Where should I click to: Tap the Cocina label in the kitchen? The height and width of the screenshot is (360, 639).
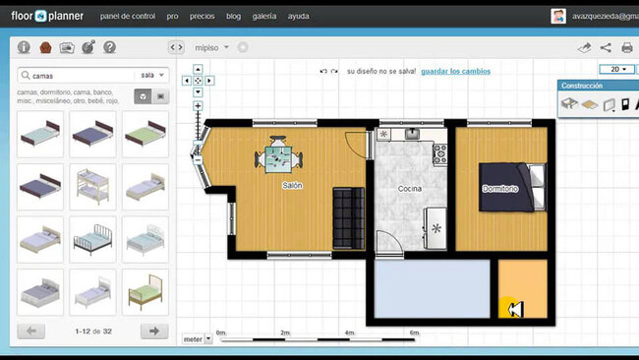click(x=410, y=188)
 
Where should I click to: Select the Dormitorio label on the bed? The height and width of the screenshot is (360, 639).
click(x=500, y=187)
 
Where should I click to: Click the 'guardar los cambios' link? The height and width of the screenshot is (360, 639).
click(x=455, y=71)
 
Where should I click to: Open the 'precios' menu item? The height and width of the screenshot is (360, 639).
click(x=203, y=17)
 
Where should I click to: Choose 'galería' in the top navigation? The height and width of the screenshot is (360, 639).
click(x=264, y=17)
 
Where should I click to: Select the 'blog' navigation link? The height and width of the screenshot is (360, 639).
click(x=233, y=17)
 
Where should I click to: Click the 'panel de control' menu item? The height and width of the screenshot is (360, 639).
click(x=127, y=17)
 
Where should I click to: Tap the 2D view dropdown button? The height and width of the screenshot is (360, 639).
click(x=618, y=70)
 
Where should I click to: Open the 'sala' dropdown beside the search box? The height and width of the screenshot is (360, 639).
click(x=153, y=75)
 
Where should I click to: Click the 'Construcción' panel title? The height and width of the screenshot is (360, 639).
click(x=582, y=86)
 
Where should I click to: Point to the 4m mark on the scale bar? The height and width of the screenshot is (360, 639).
click(x=350, y=333)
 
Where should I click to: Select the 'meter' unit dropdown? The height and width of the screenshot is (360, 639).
click(x=197, y=339)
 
